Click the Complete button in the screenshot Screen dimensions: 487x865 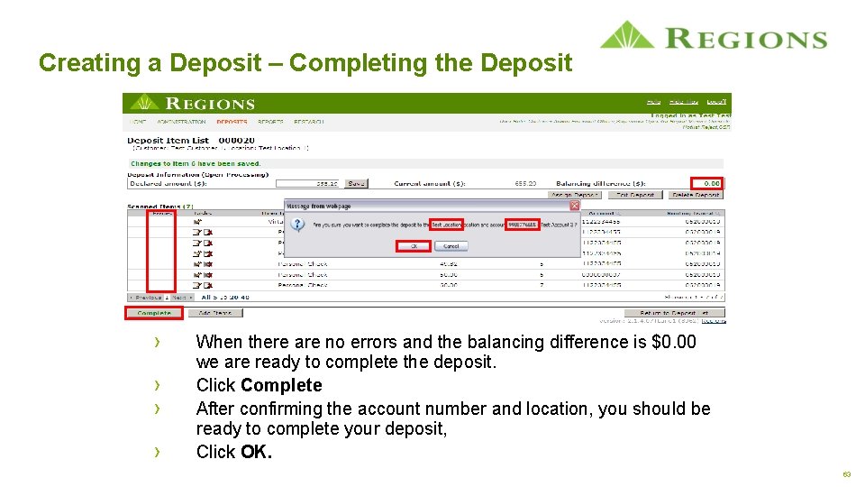click(x=154, y=313)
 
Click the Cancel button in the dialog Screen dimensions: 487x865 click(x=451, y=245)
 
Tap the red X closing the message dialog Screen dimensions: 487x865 click(x=575, y=206)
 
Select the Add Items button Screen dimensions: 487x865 click(x=215, y=313)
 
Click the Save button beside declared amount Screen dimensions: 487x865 click(x=357, y=183)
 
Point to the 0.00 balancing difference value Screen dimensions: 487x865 click(x=711, y=183)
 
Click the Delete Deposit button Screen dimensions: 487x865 click(x=697, y=195)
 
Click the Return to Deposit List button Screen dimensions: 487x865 click(x=675, y=313)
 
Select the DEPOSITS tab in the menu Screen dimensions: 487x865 click(x=232, y=121)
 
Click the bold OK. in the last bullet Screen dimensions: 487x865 click(x=257, y=452)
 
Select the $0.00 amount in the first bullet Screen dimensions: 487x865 click(x=673, y=342)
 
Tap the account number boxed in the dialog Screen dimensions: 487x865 click(x=523, y=225)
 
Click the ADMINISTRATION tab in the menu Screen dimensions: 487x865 click(x=181, y=121)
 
